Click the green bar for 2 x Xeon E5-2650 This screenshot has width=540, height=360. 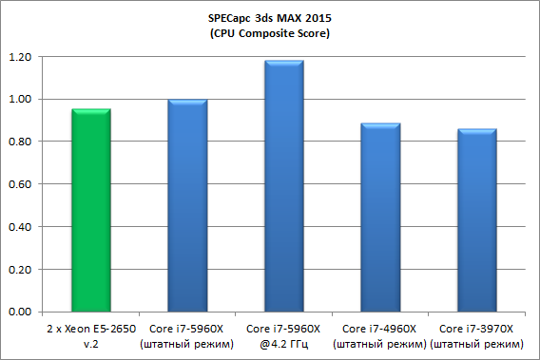(x=91, y=210)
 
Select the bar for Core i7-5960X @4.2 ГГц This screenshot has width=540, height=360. (x=284, y=186)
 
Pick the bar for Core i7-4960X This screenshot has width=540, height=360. (x=380, y=218)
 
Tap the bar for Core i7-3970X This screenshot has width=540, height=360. (x=477, y=220)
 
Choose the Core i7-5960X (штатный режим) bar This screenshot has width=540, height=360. (x=187, y=205)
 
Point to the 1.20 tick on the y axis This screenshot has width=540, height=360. (x=20, y=57)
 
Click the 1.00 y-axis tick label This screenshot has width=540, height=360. (x=20, y=99)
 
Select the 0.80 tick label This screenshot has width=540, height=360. (x=20, y=142)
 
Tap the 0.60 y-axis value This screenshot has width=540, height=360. (x=20, y=184)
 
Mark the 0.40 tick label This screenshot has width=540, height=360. (x=20, y=227)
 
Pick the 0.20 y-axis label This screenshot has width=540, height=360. (x=20, y=270)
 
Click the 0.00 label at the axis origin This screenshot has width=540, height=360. (x=20, y=312)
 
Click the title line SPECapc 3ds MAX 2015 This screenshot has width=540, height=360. (x=270, y=18)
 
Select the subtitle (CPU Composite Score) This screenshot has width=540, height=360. (x=270, y=33)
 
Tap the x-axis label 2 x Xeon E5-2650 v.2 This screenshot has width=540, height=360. (x=91, y=336)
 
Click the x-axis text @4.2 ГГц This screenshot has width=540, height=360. (x=283, y=344)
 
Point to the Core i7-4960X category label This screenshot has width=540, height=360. (x=379, y=329)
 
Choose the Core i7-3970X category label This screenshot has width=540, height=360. (x=476, y=329)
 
